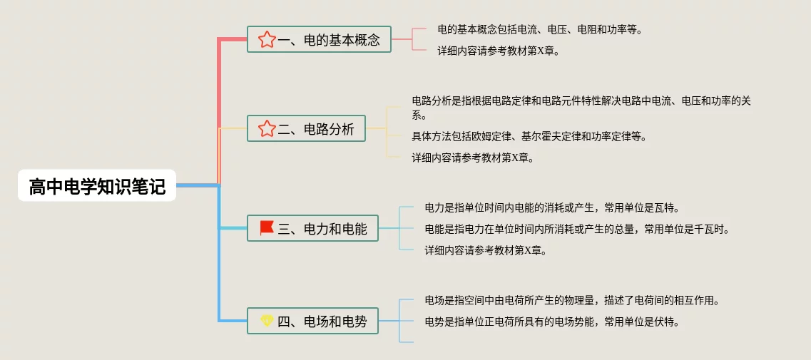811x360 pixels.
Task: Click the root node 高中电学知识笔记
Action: click(97, 186)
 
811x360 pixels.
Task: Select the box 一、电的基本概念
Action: click(319, 39)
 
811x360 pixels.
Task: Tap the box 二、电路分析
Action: click(306, 129)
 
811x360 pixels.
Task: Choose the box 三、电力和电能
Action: click(312, 228)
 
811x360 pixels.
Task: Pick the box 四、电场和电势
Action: click(312, 321)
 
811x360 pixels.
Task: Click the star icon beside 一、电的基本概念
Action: click(267, 39)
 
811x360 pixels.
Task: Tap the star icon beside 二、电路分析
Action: click(267, 129)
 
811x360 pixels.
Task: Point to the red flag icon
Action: click(267, 228)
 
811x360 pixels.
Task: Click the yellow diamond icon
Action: click(267, 321)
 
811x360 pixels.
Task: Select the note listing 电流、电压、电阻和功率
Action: click(540, 30)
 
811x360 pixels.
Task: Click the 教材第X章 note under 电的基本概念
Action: click(499, 51)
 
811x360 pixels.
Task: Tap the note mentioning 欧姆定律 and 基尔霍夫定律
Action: click(529, 136)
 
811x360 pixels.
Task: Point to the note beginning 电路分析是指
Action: click(581, 108)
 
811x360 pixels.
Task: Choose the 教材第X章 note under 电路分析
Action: click(473, 158)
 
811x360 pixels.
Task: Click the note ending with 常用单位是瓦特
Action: click(551, 207)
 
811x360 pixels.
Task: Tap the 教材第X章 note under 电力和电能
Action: click(486, 250)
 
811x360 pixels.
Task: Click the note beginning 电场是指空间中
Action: click(571, 300)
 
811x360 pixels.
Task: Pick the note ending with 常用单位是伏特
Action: click(551, 322)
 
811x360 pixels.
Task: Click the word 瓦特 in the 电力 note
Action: click(667, 207)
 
